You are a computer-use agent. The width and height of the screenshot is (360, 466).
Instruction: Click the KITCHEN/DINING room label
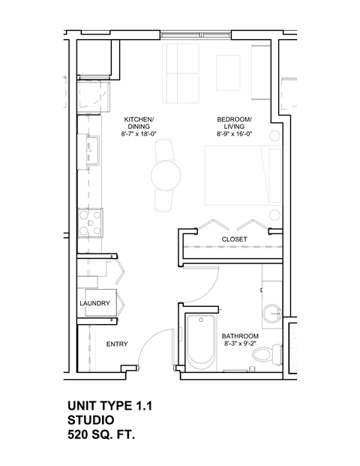[138, 123]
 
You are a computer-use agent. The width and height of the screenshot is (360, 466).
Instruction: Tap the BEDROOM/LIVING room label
[234, 123]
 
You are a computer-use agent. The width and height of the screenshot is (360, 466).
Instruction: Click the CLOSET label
[234, 239]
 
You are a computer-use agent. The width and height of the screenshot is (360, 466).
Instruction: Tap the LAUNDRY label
[95, 303]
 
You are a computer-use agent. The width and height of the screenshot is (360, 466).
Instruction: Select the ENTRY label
[116, 344]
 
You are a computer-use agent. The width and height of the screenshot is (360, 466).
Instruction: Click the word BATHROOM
[240, 336]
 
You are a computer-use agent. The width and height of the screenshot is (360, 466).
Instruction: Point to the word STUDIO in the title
[91, 419]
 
